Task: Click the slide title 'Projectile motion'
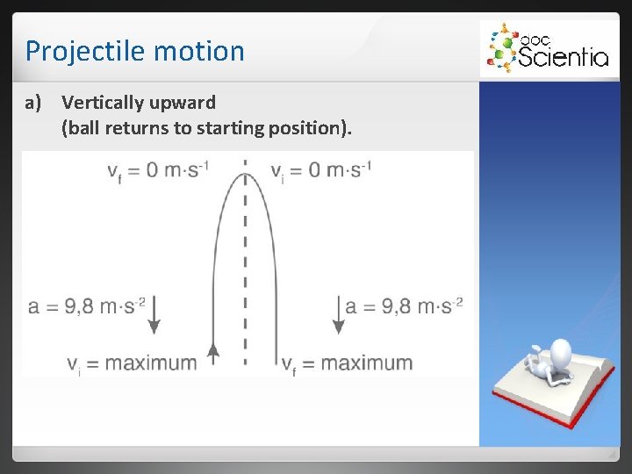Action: click(134, 51)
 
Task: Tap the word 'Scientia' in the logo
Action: click(563, 57)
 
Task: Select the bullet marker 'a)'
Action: click(33, 103)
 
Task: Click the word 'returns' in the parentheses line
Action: click(138, 128)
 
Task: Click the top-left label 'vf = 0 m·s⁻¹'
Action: click(158, 169)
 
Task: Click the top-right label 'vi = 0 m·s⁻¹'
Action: click(321, 169)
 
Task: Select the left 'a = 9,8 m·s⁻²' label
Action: click(86, 306)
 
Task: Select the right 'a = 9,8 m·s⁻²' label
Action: click(404, 306)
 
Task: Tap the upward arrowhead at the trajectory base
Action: click(212, 353)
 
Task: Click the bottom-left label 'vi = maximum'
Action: click(132, 363)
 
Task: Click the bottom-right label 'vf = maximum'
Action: click(347, 363)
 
